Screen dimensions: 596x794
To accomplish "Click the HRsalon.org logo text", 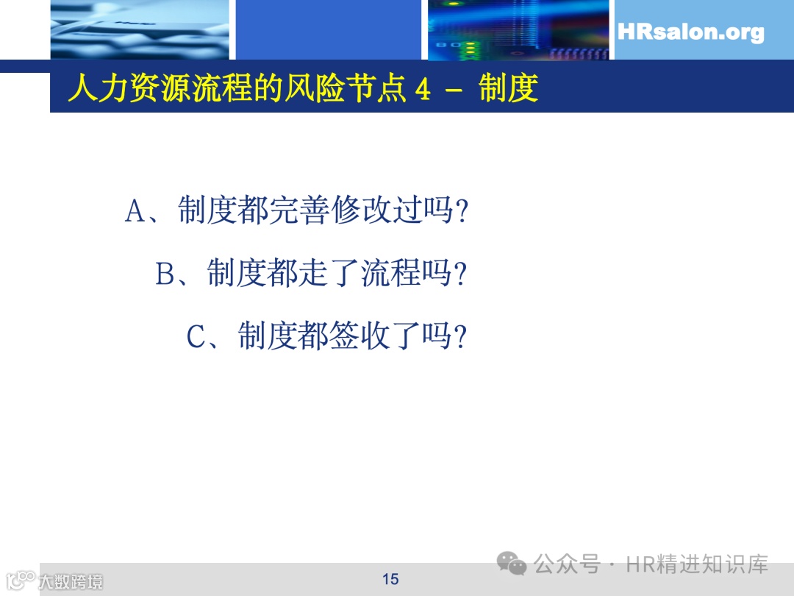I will pyautogui.click(x=690, y=32).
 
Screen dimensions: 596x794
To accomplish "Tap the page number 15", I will pyautogui.click(x=390, y=579).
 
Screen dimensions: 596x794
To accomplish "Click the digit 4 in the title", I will pyautogui.click(x=422, y=90).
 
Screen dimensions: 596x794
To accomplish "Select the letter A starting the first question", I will pyautogui.click(x=136, y=212).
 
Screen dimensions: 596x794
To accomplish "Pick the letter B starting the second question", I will pyautogui.click(x=165, y=274).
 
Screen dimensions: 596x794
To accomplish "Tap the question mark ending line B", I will pyautogui.click(x=462, y=275).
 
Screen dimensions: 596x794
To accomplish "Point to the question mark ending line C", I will pyautogui.click(x=462, y=338).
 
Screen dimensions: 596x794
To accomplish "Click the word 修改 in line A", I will pyautogui.click(x=361, y=212).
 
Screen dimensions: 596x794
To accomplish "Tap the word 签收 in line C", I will pyautogui.click(x=361, y=337).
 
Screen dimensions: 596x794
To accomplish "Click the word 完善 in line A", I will pyautogui.click(x=299, y=212).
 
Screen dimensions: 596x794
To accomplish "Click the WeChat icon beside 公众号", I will pyautogui.click(x=512, y=564).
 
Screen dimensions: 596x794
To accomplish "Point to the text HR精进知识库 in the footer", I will pyautogui.click(x=696, y=564).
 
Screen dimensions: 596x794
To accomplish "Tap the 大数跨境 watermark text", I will pyautogui.click(x=71, y=581).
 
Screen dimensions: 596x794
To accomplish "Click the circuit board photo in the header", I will pyautogui.click(x=518, y=29).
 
